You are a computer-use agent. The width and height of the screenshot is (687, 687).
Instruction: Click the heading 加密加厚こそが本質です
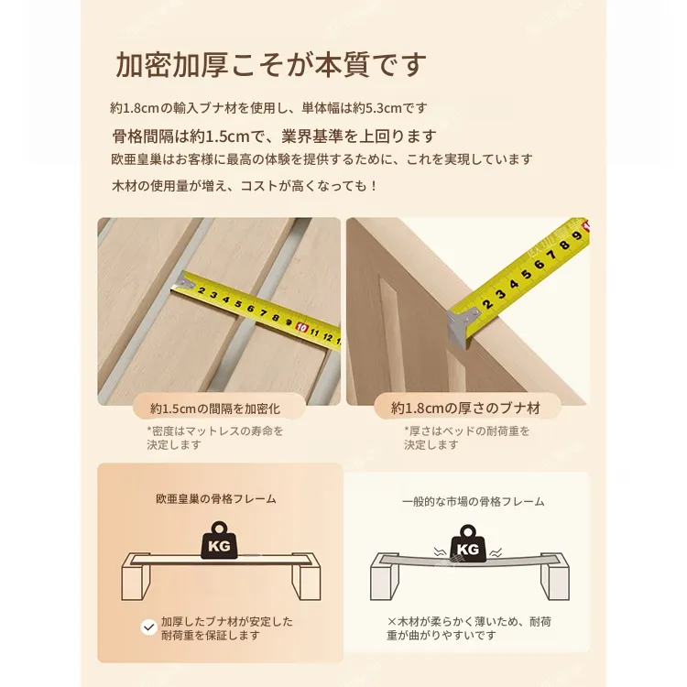pyautogui.click(x=271, y=65)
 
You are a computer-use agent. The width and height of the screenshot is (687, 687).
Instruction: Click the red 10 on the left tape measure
pyautogui.click(x=301, y=327)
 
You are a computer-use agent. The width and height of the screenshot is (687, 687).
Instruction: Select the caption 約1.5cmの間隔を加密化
pyautogui.click(x=215, y=409)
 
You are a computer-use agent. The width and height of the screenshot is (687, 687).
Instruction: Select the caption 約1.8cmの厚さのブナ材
pyautogui.click(x=465, y=409)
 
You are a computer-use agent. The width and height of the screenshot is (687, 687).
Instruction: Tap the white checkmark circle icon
pyautogui.click(x=149, y=627)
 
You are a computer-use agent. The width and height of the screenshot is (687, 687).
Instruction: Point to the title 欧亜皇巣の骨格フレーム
pyautogui.click(x=216, y=499)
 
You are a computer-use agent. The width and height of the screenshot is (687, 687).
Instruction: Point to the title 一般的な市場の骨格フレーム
pyautogui.click(x=474, y=502)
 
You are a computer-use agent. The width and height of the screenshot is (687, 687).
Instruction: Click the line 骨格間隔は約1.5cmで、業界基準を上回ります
pyautogui.click(x=274, y=136)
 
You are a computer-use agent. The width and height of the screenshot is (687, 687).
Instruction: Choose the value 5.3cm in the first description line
pyautogui.click(x=384, y=108)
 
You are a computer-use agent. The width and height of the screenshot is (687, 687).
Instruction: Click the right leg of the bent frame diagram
pyautogui.click(x=555, y=582)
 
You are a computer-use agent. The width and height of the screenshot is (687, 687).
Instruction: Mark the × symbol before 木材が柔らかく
pyautogui.click(x=392, y=622)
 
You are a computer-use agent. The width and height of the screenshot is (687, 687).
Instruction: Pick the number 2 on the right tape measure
pyautogui.click(x=487, y=303)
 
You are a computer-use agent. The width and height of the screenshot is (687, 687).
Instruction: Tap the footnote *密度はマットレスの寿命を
pyautogui.click(x=215, y=431)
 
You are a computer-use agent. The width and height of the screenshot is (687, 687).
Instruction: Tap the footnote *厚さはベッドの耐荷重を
pyautogui.click(x=466, y=431)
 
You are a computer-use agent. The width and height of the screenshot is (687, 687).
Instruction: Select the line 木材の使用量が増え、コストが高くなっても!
pyautogui.click(x=245, y=186)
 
